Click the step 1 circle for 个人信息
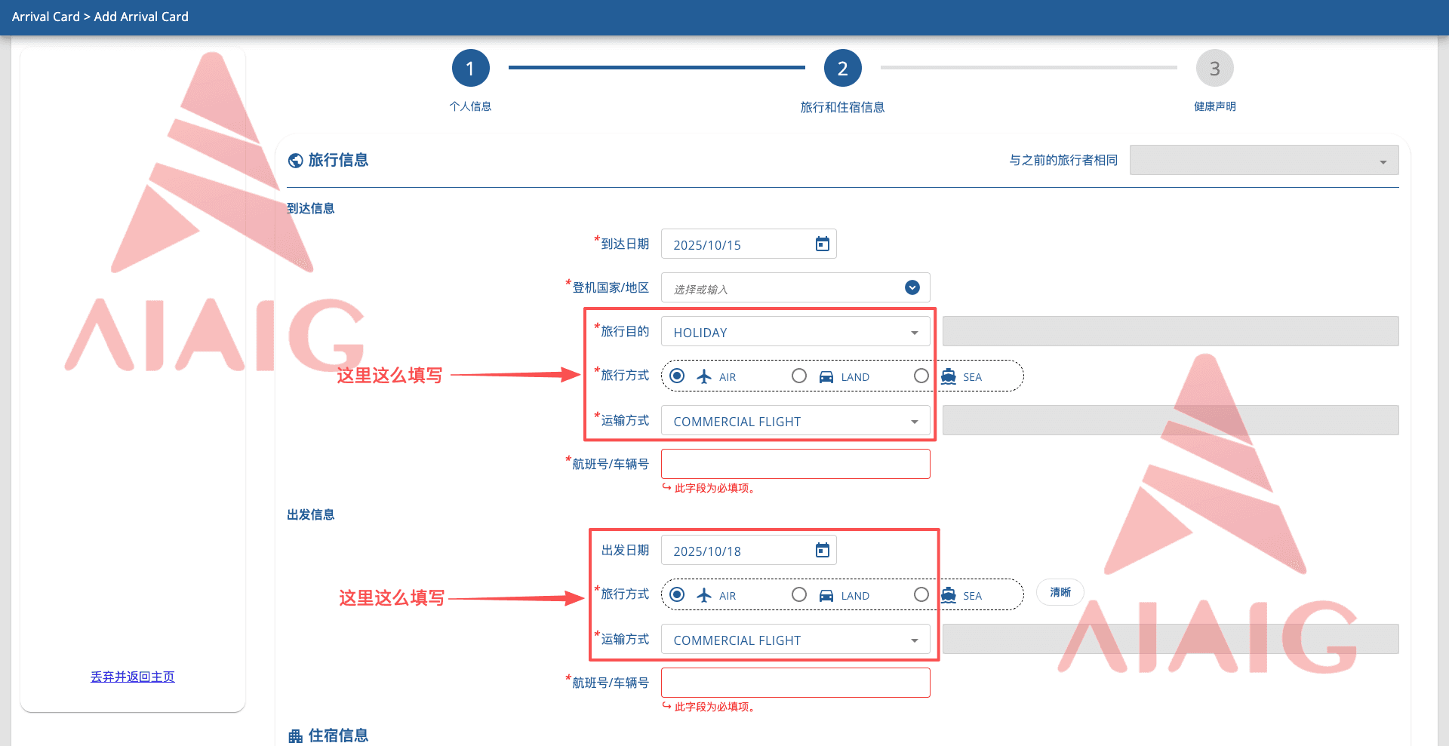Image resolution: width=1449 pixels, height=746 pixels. [470, 69]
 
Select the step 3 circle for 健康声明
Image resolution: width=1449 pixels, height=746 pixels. [1214, 69]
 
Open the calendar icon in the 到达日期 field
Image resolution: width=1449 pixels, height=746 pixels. [822, 244]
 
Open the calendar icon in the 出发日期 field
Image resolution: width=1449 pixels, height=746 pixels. [822, 550]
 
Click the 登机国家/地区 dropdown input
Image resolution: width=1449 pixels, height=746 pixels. [795, 287]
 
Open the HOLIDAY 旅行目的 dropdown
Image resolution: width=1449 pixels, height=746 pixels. [795, 331]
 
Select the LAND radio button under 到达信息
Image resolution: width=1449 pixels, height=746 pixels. [799, 376]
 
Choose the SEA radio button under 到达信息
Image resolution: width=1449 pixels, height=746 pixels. [921, 376]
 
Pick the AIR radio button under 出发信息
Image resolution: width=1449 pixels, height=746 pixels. [677, 594]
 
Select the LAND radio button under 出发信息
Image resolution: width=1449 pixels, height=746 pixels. [799, 594]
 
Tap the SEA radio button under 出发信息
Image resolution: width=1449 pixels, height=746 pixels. [921, 594]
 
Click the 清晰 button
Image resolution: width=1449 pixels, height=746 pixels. [1060, 592]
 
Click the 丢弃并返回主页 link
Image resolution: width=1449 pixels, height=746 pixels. [133, 677]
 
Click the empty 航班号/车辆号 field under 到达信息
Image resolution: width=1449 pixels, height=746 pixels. [795, 464]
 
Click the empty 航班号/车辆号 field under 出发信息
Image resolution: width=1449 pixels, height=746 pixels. [795, 683]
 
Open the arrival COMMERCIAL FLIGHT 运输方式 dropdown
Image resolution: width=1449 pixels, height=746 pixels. [795, 420]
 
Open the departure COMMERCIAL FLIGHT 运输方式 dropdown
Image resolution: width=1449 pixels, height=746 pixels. [795, 639]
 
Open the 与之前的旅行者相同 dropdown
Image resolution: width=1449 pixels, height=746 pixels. [1264, 160]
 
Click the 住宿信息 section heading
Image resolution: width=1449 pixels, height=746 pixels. [338, 735]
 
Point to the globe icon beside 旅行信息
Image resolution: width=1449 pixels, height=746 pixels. [296, 161]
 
